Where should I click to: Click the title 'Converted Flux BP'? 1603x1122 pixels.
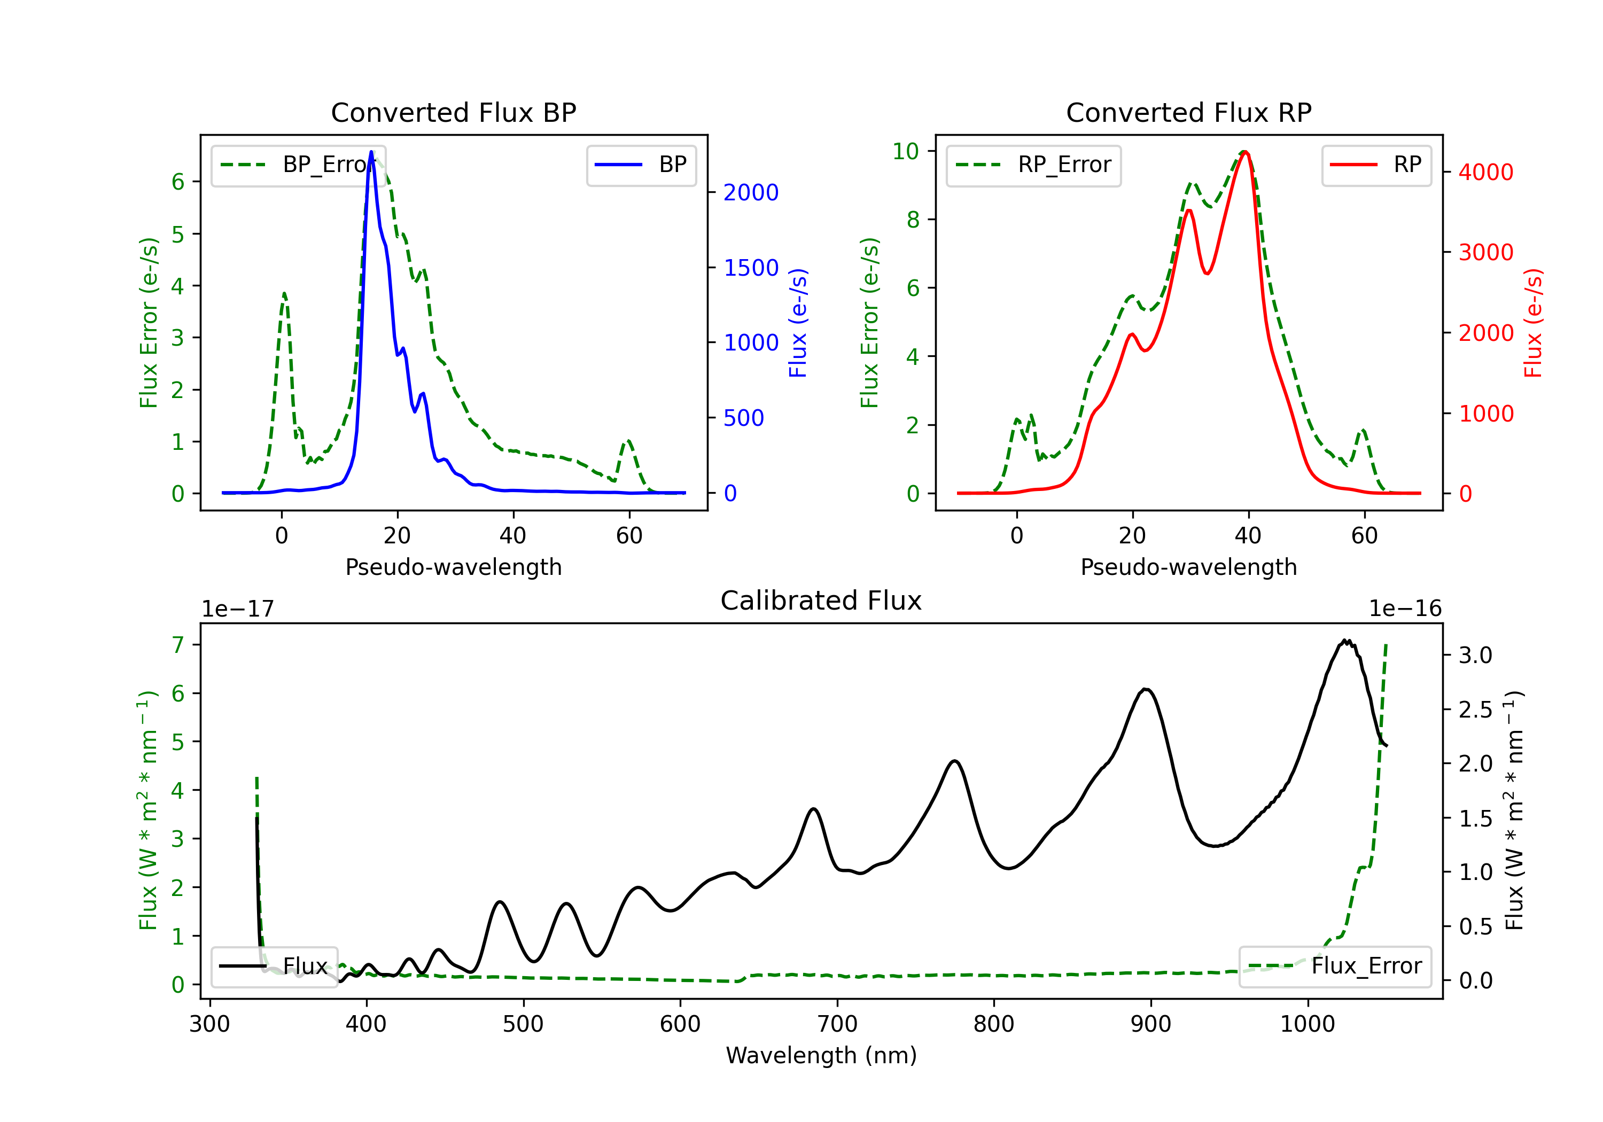[x=453, y=112]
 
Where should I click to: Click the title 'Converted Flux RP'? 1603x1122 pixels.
[x=1188, y=112]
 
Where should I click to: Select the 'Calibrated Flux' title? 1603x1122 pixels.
[x=821, y=601]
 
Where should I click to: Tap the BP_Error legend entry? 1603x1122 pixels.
[x=298, y=165]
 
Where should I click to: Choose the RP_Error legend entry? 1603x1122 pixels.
[x=1033, y=165]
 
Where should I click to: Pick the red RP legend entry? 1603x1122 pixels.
[x=1376, y=165]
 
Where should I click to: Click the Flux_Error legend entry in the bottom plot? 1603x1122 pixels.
[x=1335, y=967]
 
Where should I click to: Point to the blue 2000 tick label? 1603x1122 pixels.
[x=751, y=193]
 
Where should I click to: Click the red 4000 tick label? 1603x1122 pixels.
[x=1485, y=173]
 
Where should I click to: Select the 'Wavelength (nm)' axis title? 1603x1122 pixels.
[x=821, y=1056]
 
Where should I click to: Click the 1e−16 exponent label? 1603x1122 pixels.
[x=1405, y=609]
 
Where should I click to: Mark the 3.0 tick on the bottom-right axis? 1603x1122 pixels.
[x=1475, y=656]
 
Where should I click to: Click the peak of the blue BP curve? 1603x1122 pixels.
[x=371, y=152]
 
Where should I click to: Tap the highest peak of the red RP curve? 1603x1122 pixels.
[x=1246, y=152]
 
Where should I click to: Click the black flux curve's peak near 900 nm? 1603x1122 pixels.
[x=1146, y=690]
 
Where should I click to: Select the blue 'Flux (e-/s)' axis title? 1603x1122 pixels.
[x=798, y=323]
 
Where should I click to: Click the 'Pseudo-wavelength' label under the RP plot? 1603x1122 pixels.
[x=1188, y=567]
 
